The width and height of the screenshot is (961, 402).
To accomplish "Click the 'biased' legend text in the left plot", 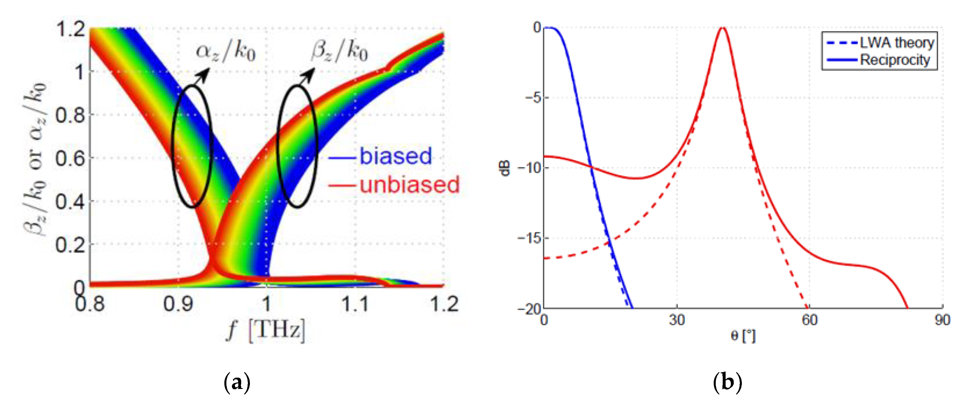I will point(395,156).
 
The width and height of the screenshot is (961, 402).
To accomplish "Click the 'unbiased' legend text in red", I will point(409,185).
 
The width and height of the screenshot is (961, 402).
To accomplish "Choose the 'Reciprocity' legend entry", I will point(895,60).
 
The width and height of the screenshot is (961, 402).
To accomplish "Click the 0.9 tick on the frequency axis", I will point(178,304).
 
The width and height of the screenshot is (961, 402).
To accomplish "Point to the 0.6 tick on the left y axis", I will point(70,158).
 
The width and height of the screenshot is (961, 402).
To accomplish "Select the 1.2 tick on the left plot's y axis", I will point(70,29).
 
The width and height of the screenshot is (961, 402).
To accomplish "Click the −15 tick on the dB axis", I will point(529,238).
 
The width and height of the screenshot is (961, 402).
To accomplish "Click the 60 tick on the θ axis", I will point(809,320).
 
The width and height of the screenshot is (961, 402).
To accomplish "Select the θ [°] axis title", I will point(743,336).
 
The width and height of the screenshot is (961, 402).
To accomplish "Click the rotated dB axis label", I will point(504,168).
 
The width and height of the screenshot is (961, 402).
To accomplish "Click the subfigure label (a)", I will point(237,383).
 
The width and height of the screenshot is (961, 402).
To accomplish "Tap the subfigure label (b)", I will point(727,383).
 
